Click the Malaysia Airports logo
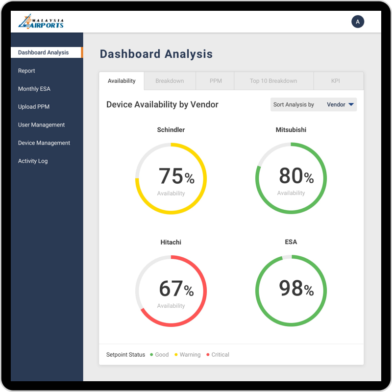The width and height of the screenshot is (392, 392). (x=41, y=22)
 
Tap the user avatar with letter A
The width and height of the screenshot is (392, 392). (x=358, y=22)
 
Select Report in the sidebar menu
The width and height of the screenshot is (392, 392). (x=26, y=71)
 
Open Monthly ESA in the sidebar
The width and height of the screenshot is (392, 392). (x=34, y=89)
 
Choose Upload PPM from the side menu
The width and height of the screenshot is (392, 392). (x=34, y=107)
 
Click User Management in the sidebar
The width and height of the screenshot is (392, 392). (x=41, y=125)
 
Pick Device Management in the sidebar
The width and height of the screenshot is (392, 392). (x=44, y=143)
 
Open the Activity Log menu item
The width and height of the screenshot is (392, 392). (x=33, y=161)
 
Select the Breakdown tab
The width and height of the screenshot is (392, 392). (x=170, y=81)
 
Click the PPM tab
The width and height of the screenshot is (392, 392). (x=216, y=81)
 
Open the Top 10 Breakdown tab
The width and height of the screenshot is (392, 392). (x=273, y=81)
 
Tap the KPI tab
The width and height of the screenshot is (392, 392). (x=335, y=81)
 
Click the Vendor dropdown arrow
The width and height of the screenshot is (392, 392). (x=351, y=104)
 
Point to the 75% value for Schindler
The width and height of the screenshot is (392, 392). (x=176, y=176)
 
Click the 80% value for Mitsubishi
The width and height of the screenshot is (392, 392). (x=296, y=176)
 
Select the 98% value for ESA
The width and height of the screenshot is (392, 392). (x=296, y=289)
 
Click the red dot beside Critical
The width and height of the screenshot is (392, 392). (x=208, y=354)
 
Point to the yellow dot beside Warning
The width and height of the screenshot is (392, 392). (x=176, y=354)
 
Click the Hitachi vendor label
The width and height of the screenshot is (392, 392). (x=171, y=242)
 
